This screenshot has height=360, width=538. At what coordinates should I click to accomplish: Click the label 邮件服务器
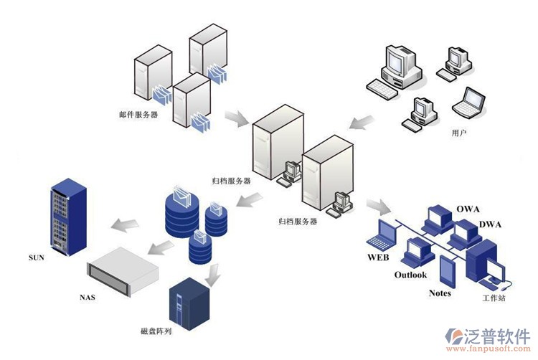point(138,114)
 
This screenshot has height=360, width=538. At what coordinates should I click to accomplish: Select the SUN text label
point(37,257)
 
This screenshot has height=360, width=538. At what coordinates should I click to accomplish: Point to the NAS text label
point(88,295)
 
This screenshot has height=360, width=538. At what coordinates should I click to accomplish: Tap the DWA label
point(490,224)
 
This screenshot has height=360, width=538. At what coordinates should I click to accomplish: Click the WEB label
point(378,257)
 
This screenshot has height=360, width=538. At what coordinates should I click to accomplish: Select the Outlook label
point(410,275)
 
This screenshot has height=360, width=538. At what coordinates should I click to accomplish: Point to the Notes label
point(440,293)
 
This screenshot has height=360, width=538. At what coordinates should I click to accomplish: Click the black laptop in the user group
point(471,102)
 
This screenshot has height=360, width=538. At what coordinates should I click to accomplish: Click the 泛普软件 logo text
point(492,336)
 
